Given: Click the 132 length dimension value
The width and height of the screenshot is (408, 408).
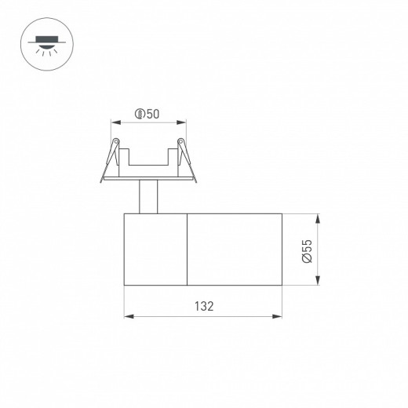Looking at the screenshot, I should click(x=204, y=305).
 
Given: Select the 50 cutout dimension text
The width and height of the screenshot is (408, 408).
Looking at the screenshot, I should click(x=152, y=115).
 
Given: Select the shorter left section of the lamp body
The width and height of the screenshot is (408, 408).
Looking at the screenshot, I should click(x=155, y=250).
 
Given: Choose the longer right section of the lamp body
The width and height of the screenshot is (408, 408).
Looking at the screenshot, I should click(x=235, y=250).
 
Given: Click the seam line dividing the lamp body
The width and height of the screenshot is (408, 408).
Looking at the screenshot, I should click(x=187, y=250).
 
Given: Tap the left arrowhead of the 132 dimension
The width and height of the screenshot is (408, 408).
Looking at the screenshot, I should click(x=127, y=317).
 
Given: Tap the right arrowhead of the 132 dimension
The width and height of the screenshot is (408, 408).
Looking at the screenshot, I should click(x=279, y=317).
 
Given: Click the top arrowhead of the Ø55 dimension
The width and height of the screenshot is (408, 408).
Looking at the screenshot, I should click(x=317, y=216).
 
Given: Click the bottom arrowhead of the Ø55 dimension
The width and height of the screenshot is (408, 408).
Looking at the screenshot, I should click(x=317, y=283).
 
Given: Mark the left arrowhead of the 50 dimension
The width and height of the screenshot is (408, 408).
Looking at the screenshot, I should click(x=111, y=122).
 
